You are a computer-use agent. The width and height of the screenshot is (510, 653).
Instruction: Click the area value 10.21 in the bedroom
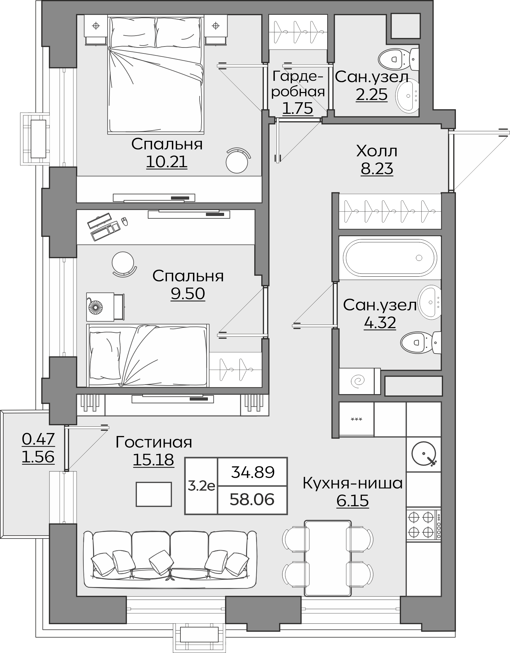pyautogui.click(x=167, y=162)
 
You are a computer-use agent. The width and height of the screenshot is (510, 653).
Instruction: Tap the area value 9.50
pyautogui.click(x=188, y=293)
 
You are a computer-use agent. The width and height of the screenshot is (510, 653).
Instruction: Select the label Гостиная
pyautogui.click(x=154, y=442)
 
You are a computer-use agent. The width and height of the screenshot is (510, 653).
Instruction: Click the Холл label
pyautogui.click(x=377, y=151)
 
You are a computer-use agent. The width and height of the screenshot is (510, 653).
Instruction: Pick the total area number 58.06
pyautogui.click(x=252, y=499)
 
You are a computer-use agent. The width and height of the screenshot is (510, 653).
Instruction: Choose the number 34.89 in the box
pyautogui.click(x=253, y=472)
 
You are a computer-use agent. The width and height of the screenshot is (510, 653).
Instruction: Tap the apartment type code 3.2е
pyautogui.click(x=201, y=486)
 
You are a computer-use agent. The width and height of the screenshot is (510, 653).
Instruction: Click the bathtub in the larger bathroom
pyautogui.click(x=390, y=258)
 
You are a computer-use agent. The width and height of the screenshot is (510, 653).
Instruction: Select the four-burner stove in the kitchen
pyautogui.click(x=424, y=525)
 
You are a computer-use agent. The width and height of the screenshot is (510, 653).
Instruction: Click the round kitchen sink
pyautogui.click(x=424, y=454)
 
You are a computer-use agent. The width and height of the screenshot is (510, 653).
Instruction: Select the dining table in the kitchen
pyautogui.click(x=328, y=558)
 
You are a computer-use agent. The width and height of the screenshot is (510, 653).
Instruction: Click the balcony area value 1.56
pyautogui.click(x=38, y=457)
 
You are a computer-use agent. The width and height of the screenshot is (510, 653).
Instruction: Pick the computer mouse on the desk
pyautogui.click(x=125, y=221)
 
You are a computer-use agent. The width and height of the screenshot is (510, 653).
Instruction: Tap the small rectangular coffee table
pyautogui.click(x=154, y=494)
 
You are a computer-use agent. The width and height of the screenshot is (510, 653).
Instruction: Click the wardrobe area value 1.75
pyautogui.click(x=298, y=108)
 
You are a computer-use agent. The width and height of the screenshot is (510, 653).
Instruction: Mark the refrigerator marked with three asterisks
pyautogui.click(x=357, y=420)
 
